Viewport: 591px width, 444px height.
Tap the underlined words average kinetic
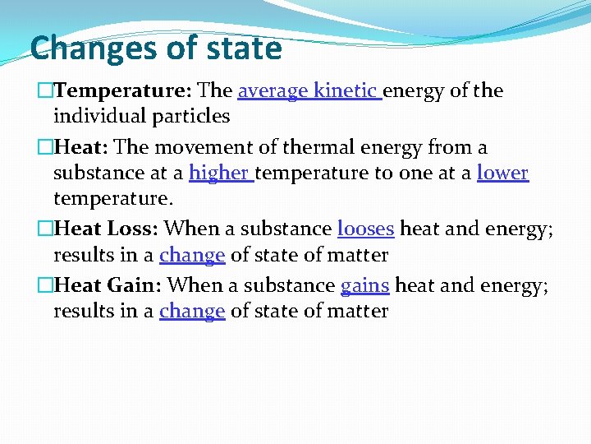pos(308,91)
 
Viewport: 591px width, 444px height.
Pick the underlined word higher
pos(219,173)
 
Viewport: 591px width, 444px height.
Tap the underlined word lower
pos(502,173)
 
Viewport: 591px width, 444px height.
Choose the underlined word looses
pos(365,229)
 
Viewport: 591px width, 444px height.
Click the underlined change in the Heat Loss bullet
pos(192,255)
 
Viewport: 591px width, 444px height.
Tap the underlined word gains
pos(364,285)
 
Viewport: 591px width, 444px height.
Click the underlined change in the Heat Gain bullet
pos(192,312)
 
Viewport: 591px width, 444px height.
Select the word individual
pos(95,117)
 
